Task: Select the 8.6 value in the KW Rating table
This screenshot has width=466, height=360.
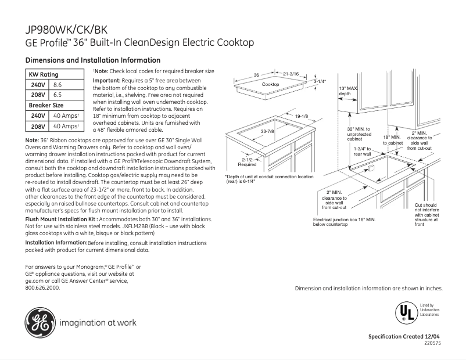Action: click(x=58, y=85)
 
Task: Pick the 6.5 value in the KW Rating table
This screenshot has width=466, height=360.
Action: click(x=58, y=95)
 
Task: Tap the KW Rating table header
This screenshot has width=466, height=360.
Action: click(x=44, y=75)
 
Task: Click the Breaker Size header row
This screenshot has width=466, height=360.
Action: click(x=46, y=105)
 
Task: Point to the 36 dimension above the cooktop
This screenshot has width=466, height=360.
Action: click(x=256, y=75)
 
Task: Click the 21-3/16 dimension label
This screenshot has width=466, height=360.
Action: click(x=291, y=74)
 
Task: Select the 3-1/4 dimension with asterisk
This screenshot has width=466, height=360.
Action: click(x=320, y=82)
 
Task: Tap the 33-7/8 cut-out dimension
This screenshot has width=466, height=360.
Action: click(x=267, y=132)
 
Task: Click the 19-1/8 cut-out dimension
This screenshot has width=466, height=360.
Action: click(x=301, y=117)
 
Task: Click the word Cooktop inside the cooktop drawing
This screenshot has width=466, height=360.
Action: click(x=270, y=85)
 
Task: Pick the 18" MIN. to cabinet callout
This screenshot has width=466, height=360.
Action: click(x=392, y=139)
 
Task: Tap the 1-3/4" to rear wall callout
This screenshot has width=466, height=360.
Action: click(x=362, y=151)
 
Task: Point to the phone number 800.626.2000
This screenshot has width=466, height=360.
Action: click(x=42, y=287)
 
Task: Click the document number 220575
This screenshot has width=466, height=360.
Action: click(x=432, y=343)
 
